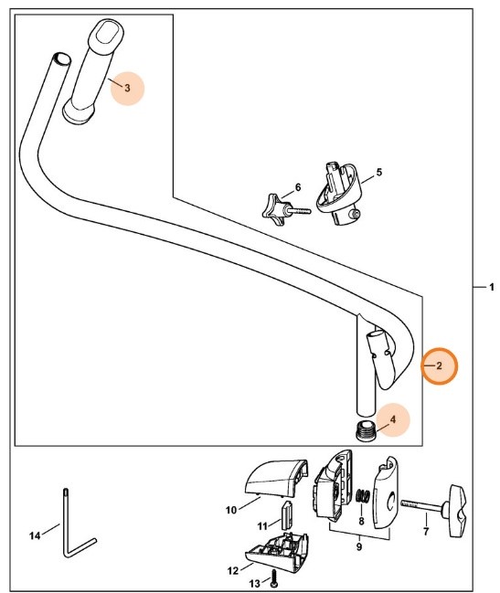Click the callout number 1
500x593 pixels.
click(490, 288)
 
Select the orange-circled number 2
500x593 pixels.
click(439, 365)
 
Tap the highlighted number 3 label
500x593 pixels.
click(127, 88)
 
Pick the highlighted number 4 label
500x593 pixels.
click(392, 420)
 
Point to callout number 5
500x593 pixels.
click(378, 172)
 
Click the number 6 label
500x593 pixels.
click(297, 188)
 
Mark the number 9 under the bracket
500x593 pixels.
click(358, 547)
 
